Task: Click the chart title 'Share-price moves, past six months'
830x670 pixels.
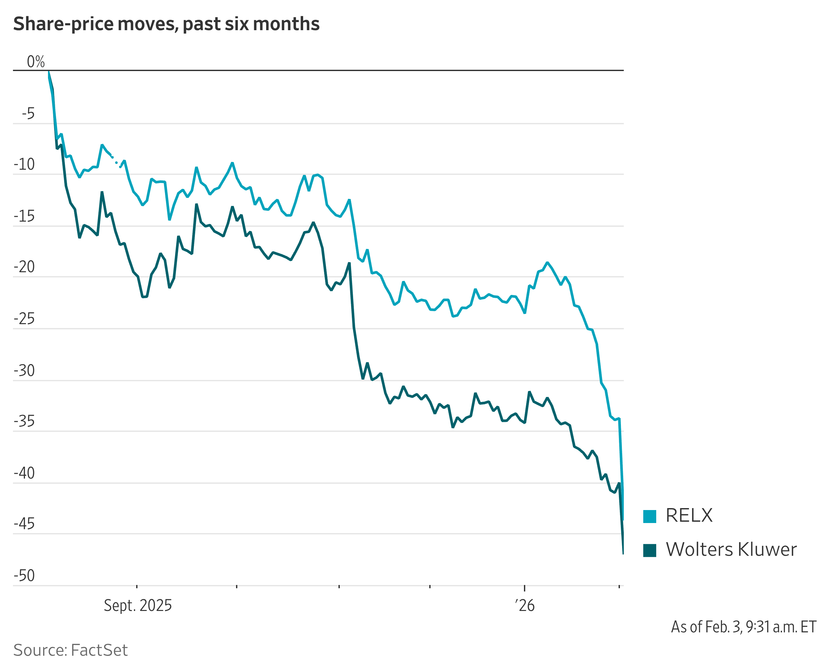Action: [x=166, y=24]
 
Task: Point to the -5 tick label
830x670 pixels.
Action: [x=28, y=114]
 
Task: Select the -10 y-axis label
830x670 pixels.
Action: [x=24, y=164]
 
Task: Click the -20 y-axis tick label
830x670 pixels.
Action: [x=24, y=267]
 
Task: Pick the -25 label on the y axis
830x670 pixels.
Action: [x=24, y=319]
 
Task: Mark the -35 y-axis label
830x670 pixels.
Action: [x=24, y=421]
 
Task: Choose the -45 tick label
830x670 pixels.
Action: [x=24, y=524]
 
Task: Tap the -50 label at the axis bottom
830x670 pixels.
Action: [x=24, y=576]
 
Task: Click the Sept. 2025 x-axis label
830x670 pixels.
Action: [x=138, y=605]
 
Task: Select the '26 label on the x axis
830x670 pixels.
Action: [x=525, y=605]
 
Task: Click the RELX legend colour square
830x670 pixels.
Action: [x=649, y=517]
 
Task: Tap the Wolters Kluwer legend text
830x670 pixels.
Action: [x=731, y=550]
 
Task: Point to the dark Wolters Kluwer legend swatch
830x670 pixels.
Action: [x=649, y=550]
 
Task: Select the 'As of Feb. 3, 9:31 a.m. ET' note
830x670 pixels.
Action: [x=743, y=627]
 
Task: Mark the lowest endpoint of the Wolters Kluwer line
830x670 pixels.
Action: [x=623, y=554]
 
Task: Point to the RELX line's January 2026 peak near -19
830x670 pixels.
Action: [x=547, y=263]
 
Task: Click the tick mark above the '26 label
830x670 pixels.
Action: [x=525, y=588]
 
